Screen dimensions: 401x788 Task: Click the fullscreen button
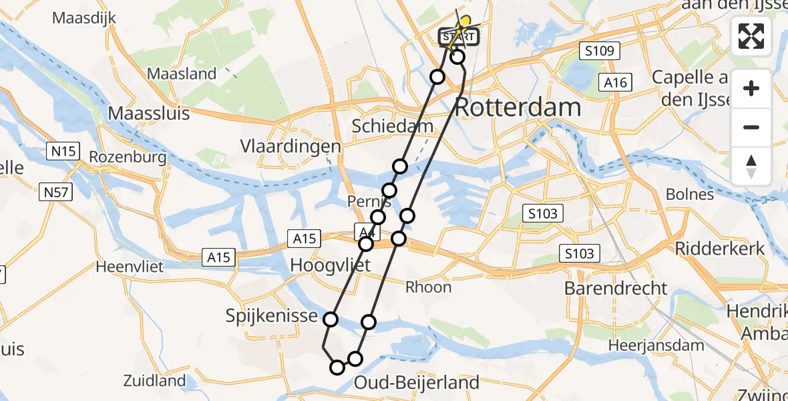click(x=751, y=35)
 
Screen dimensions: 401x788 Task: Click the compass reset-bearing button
click(x=751, y=166)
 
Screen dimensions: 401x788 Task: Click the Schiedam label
click(x=393, y=126)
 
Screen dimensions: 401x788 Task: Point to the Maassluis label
click(x=149, y=113)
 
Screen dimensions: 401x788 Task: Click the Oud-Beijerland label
click(x=417, y=382)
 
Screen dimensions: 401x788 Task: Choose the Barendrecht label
click(x=616, y=288)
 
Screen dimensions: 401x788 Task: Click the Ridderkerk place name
click(x=720, y=248)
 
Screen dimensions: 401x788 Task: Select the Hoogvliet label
click(x=330, y=265)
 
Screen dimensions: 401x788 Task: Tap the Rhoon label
click(x=429, y=287)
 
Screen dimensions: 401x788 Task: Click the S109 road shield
click(x=600, y=51)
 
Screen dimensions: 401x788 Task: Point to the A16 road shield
click(x=615, y=82)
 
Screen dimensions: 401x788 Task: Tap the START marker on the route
click(x=459, y=37)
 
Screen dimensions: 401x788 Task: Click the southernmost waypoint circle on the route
click(x=337, y=367)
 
